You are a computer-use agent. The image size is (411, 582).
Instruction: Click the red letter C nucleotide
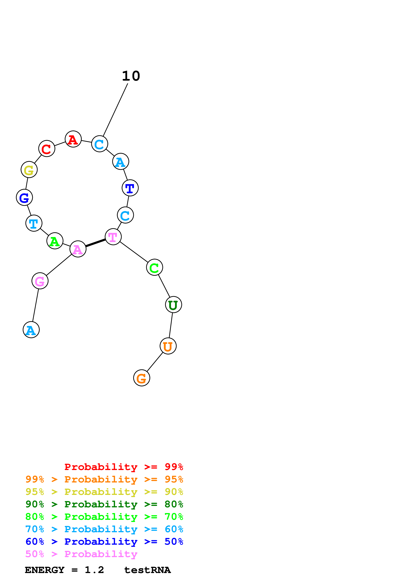click(x=47, y=148)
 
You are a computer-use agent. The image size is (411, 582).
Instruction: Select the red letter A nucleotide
click(x=73, y=139)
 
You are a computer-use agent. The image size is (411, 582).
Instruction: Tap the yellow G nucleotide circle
click(x=29, y=170)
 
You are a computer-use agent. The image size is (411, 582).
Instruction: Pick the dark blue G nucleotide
click(x=24, y=197)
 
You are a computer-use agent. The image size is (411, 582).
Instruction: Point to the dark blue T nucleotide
click(x=130, y=188)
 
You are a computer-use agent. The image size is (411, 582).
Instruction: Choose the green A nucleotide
click(x=55, y=241)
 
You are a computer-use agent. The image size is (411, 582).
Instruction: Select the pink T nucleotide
click(x=113, y=237)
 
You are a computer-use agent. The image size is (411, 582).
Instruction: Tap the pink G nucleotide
click(x=40, y=281)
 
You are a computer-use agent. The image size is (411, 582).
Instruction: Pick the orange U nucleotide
click(x=168, y=346)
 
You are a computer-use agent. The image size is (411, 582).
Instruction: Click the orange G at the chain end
click(x=142, y=378)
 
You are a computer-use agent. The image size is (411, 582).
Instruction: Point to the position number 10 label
click(x=131, y=76)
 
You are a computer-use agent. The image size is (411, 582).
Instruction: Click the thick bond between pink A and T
click(x=95, y=243)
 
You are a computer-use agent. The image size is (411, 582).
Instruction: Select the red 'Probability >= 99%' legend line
click(x=124, y=467)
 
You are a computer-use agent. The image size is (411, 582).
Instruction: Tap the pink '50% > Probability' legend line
click(x=81, y=554)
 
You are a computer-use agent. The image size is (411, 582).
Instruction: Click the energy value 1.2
click(x=94, y=570)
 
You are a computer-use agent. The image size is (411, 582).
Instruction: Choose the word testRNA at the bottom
click(x=147, y=570)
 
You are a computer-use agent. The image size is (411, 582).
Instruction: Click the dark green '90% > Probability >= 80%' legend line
click(x=104, y=504)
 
